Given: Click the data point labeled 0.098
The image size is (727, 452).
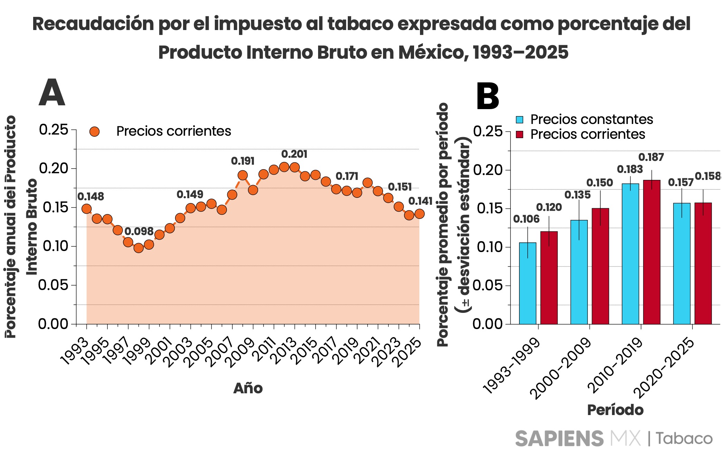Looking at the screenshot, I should (x=138, y=248).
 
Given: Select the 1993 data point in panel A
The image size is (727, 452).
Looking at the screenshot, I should (x=86, y=209).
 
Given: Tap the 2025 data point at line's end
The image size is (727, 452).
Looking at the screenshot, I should (x=419, y=214).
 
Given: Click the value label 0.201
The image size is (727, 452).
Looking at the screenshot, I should (x=294, y=154).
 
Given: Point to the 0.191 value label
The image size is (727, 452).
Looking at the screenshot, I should (x=242, y=161).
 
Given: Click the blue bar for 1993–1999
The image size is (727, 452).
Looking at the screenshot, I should (x=528, y=283).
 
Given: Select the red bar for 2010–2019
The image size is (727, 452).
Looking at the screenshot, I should (x=651, y=252).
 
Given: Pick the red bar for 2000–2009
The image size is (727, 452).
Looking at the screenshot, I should (x=600, y=266).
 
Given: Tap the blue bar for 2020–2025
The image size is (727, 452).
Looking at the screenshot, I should (x=682, y=263).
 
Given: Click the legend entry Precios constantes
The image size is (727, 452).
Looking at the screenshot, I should (x=591, y=119).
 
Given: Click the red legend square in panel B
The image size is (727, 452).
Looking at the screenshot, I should (x=519, y=134).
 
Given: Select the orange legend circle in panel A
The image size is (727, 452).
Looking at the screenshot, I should (x=94, y=131).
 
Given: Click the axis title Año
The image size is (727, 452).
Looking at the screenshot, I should (x=248, y=388).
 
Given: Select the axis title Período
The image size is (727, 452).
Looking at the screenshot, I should (x=615, y=410).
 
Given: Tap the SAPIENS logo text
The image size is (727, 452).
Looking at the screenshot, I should (x=559, y=439).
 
